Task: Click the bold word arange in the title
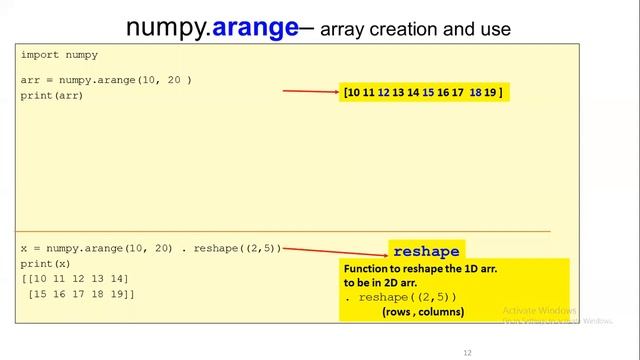[255, 27]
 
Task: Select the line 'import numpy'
[59, 55]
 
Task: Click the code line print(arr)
[52, 95]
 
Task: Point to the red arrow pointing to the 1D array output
[311, 92]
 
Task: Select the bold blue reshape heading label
[425, 251]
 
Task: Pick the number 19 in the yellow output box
[490, 93]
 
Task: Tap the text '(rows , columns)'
[422, 312]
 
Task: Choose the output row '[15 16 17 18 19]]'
[81, 294]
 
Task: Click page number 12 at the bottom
[467, 353]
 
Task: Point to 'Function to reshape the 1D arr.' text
[420, 270]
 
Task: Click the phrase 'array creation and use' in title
[415, 30]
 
